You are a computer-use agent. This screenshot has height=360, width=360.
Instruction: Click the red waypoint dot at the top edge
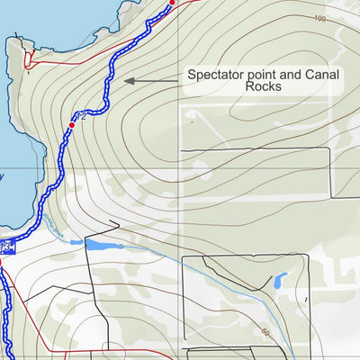coord(173,3)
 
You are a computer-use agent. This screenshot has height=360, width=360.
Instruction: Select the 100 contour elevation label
coord(320,19)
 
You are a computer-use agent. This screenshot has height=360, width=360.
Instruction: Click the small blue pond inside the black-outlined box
coord(281,280)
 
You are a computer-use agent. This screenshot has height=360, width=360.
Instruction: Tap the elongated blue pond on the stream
coord(96,243)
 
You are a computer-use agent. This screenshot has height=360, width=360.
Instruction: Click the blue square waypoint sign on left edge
coord(5,246)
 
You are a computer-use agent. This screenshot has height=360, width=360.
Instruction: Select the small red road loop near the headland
coord(30,61)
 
